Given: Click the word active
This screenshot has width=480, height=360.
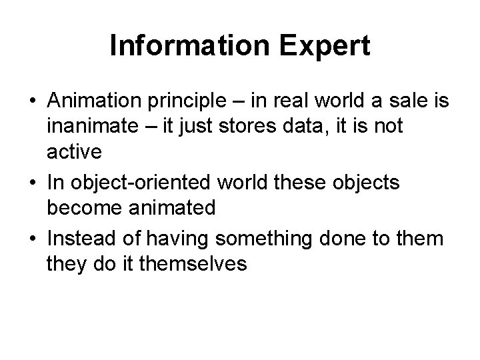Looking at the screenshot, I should tap(74, 151).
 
